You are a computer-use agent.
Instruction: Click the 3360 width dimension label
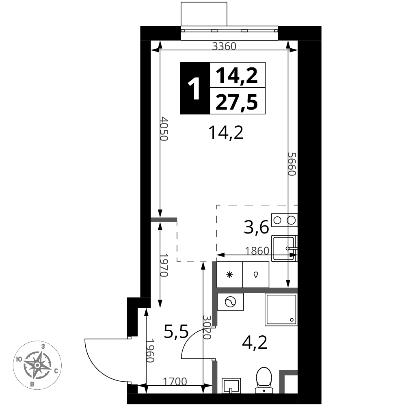tap(224, 46)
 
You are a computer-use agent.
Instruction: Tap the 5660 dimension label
tap(292, 164)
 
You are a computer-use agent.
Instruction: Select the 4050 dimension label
tap(164, 129)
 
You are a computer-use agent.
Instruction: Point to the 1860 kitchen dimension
tap(257, 251)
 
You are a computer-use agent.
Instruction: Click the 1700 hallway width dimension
tap(175, 381)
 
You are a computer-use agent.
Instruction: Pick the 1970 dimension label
tap(164, 265)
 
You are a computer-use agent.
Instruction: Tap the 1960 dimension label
tap(150, 351)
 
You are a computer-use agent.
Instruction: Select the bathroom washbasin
tap(231, 386)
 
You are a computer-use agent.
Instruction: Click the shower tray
tap(281, 310)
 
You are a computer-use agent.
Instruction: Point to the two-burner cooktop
tap(284, 220)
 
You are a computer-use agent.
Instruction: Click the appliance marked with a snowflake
tap(230, 274)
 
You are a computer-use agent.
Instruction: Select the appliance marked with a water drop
tap(256, 274)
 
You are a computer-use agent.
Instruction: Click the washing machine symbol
tap(231, 302)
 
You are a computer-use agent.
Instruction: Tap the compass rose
tap(37, 365)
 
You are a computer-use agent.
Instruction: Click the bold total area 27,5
tap(237, 101)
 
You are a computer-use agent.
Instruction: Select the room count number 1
tap(194, 89)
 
